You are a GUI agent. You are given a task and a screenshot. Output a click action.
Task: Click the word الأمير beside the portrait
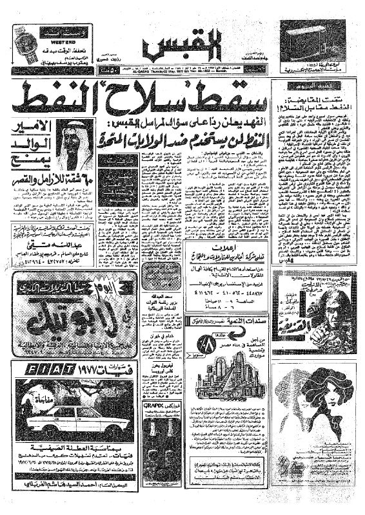click(29, 129)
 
